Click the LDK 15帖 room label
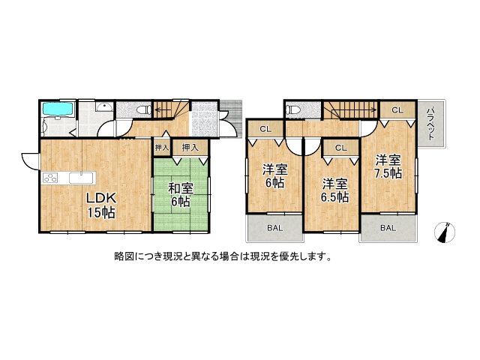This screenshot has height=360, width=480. (x=100, y=205)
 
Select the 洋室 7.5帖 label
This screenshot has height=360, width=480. (x=388, y=166)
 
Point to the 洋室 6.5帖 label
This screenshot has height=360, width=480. (x=335, y=191)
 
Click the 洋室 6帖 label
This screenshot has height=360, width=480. (x=275, y=176)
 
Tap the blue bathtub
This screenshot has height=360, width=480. (x=58, y=109)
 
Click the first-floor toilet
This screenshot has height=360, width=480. (x=143, y=110)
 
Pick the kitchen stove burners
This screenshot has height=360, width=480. (x=50, y=178)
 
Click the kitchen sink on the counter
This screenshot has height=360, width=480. (x=82, y=178)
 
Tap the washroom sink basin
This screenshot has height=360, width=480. (x=104, y=106)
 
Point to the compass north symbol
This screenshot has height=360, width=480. (x=445, y=232)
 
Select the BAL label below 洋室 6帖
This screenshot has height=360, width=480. (x=274, y=228)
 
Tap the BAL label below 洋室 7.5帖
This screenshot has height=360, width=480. (x=388, y=228)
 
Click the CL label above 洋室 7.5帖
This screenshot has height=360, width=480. (x=397, y=110)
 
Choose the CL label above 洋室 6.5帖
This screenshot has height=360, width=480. (x=340, y=148)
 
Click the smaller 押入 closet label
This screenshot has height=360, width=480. (x=162, y=148)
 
